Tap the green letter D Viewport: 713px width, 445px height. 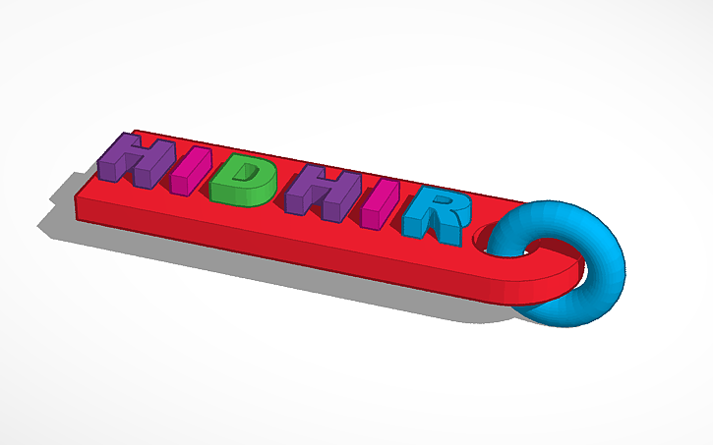[x=239, y=183]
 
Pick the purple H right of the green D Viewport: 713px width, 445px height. [x=313, y=194]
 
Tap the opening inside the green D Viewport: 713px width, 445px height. [x=248, y=178]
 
